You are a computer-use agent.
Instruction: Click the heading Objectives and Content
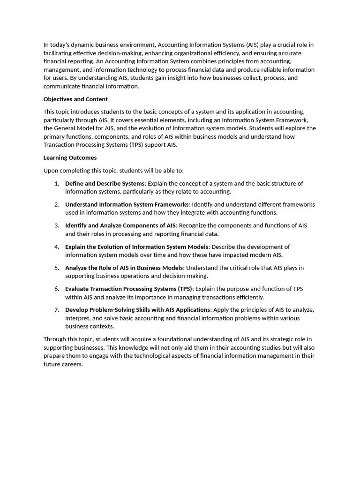coord(75,99)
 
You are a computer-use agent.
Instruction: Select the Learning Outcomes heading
coord(70,158)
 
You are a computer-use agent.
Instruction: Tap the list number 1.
coord(57,183)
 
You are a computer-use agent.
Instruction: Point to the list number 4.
coord(57,247)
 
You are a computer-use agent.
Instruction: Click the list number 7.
coord(57,310)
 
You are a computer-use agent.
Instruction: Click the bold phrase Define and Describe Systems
coord(105,183)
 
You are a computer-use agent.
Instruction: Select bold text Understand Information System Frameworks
coord(127,204)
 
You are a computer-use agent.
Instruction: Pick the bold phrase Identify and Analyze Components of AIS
coord(120,225)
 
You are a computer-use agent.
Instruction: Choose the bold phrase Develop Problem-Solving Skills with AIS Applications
coord(138,310)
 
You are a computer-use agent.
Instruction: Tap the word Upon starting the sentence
coord(52,171)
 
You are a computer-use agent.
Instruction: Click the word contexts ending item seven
coord(103,326)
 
